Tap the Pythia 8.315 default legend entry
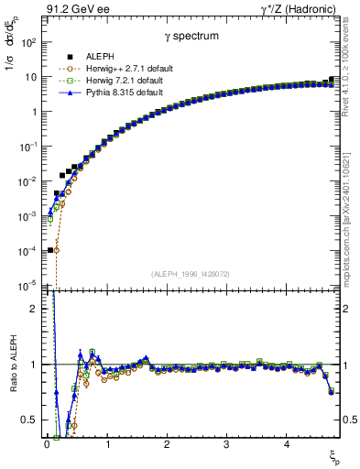(108, 92)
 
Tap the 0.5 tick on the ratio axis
(30, 420)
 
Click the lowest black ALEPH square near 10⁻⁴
(50, 249)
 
